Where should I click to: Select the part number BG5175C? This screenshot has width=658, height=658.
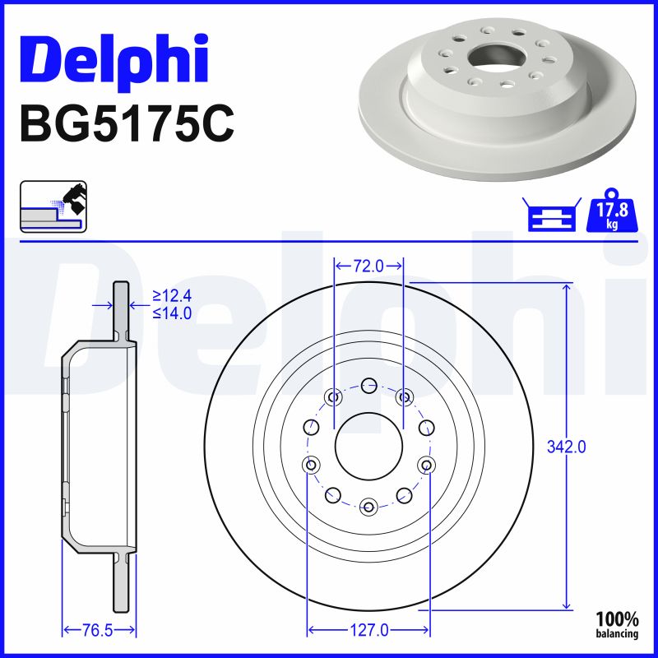pos(127,124)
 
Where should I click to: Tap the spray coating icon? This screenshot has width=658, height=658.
pos(53,206)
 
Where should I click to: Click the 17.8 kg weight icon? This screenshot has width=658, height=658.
pos(612,211)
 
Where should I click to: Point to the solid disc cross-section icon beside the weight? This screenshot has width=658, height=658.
pos(552,215)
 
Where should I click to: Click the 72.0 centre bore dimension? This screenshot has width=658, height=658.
pos(368,266)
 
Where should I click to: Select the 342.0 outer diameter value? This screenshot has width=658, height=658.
pos(566,447)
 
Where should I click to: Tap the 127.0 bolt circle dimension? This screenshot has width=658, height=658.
pos(368,630)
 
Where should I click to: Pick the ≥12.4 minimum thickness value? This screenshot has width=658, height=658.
pos(172,296)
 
